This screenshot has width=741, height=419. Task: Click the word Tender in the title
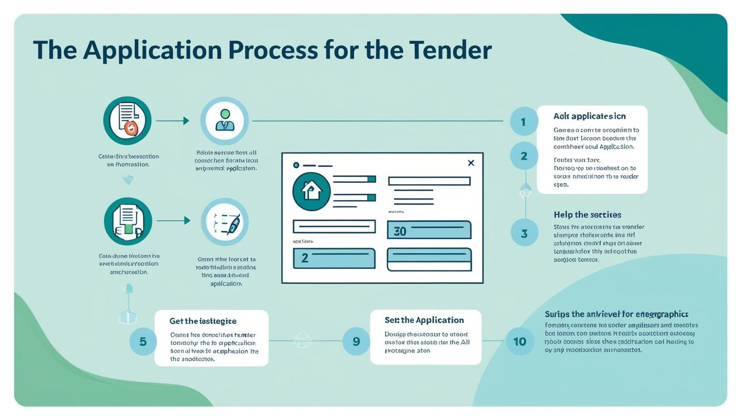451,50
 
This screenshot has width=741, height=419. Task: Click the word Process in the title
272,50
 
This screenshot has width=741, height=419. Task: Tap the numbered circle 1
524,121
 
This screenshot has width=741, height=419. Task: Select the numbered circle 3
524,233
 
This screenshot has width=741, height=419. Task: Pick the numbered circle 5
143,341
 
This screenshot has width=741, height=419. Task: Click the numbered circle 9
356,341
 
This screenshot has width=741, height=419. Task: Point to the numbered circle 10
520,341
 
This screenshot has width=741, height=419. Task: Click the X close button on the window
471,163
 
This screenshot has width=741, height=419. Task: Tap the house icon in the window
311,191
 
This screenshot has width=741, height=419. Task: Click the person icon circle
225,121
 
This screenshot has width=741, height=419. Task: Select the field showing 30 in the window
429,230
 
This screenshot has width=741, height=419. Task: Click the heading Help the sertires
587,215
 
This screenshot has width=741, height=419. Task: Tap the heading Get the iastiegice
203,321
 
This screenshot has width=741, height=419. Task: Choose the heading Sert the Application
424,320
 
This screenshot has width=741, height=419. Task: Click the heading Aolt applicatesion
589,116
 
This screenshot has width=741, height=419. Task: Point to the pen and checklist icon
225,222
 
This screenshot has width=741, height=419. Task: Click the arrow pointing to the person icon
173,121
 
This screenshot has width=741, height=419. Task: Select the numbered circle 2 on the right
524,156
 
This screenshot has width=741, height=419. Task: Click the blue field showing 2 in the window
334,258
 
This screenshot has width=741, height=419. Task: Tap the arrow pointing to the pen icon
174,221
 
